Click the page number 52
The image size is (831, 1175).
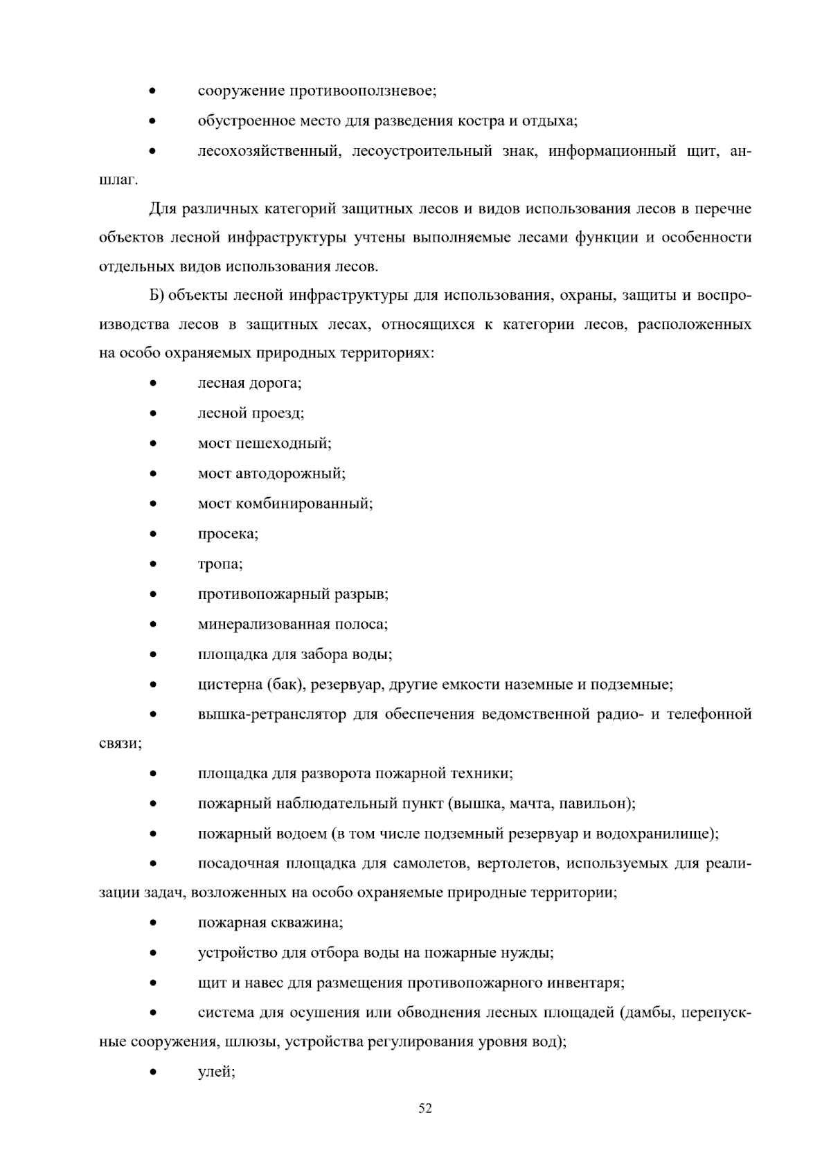tap(425, 1109)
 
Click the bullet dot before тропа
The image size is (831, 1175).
tap(153, 564)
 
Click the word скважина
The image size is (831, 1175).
tap(310, 923)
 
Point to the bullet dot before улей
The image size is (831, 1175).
tap(153, 1073)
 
